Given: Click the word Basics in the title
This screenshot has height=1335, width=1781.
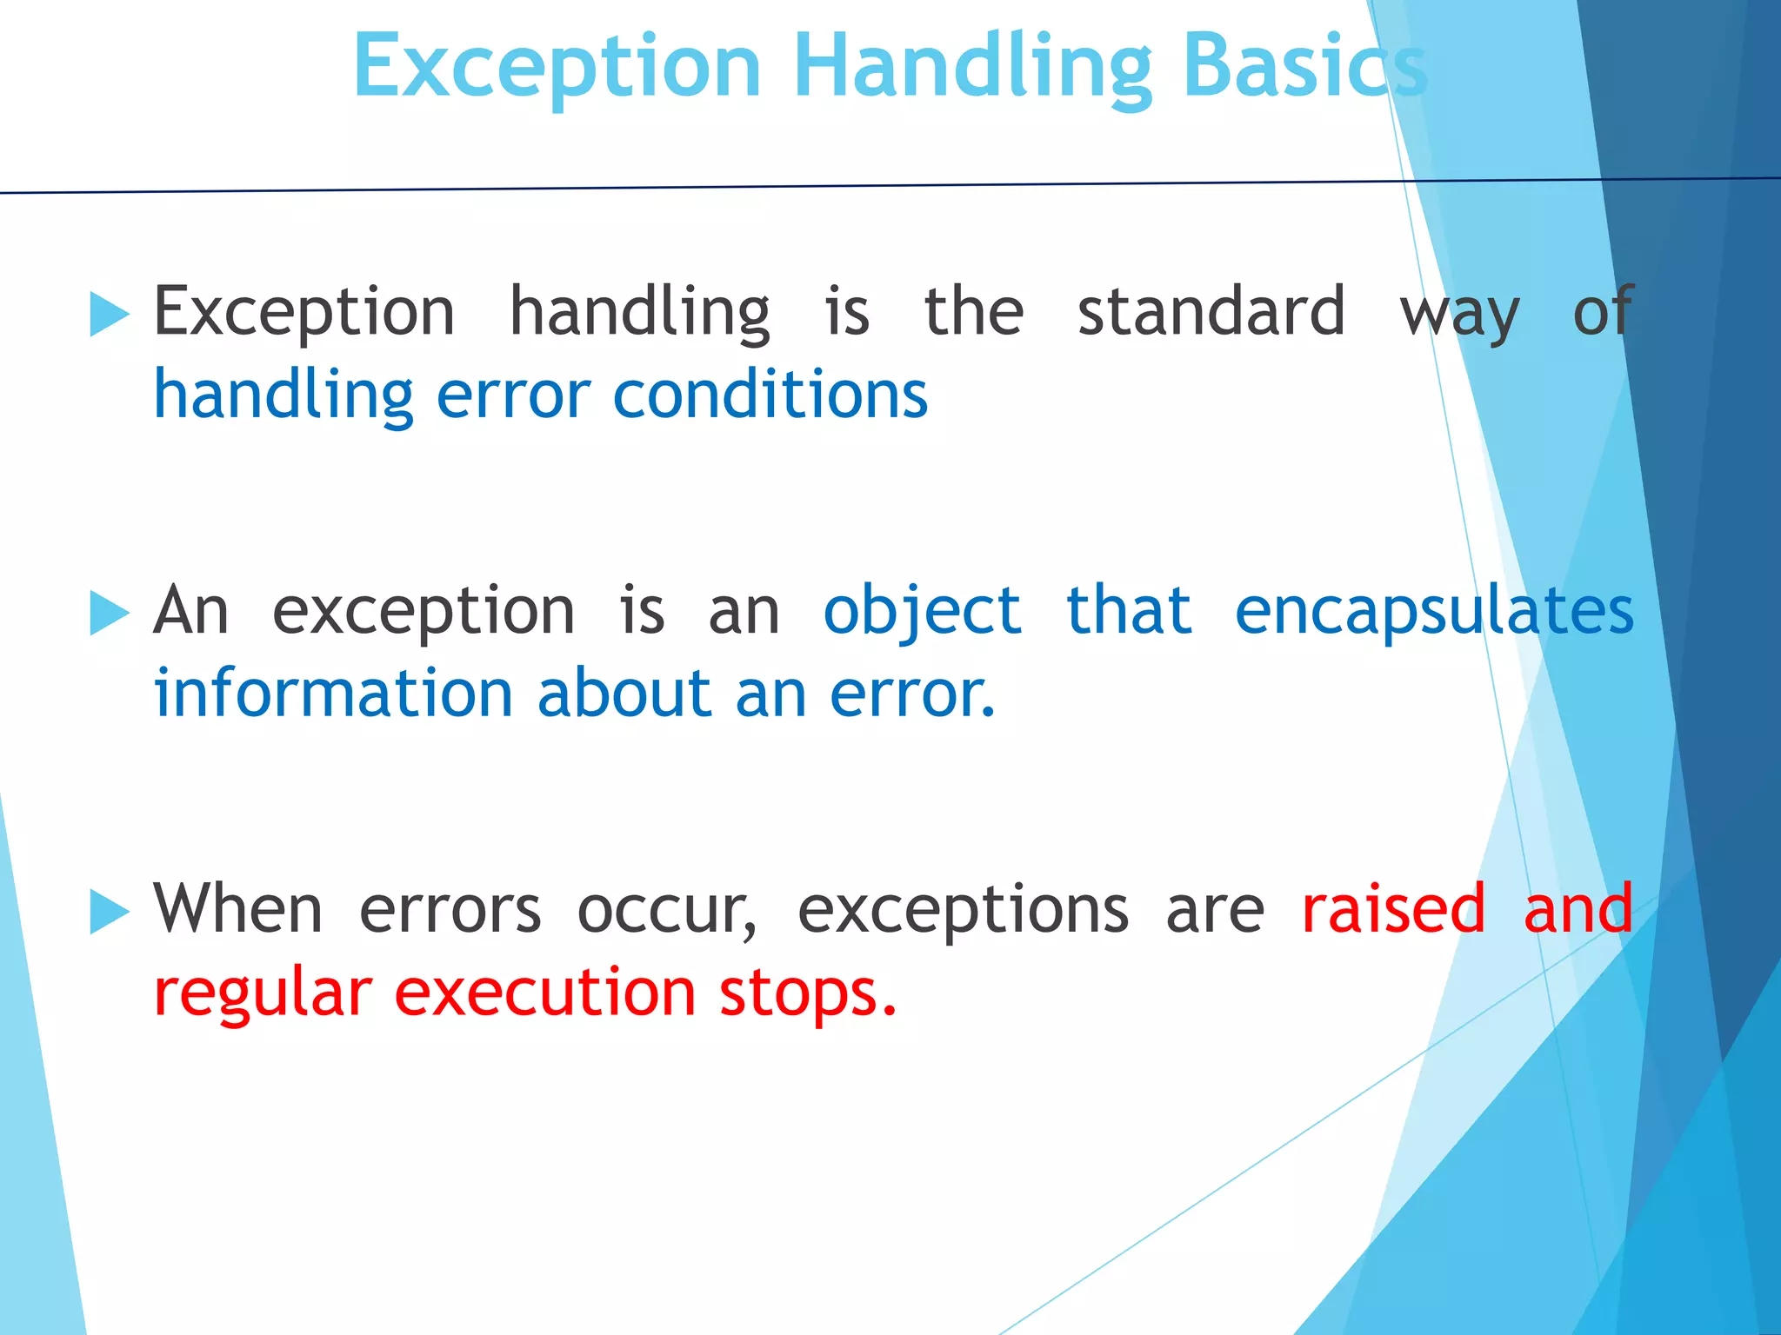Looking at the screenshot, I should [x=1304, y=68].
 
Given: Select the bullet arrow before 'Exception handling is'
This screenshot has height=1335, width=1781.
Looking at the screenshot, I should [x=110, y=314].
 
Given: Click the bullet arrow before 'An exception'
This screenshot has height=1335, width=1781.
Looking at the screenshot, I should [x=110, y=613].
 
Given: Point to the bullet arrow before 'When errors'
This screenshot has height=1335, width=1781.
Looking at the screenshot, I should [x=110, y=912].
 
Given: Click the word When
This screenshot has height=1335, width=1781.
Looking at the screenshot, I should [x=237, y=909].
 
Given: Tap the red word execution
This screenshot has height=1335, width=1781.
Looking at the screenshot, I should [x=545, y=993].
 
